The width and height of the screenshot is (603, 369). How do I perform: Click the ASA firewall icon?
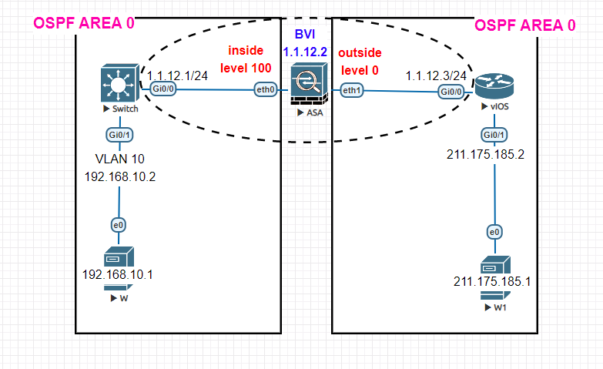coord(307,86)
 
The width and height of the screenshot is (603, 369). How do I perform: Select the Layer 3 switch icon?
coord(119,84)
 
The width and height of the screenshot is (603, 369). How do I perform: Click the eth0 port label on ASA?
coord(266,91)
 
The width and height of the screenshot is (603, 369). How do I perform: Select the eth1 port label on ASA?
coord(351,91)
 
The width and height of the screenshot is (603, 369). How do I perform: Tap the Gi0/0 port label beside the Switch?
coord(162,91)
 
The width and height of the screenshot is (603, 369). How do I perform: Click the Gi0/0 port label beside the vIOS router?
coord(451,91)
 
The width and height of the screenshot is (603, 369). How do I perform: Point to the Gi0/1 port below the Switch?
coord(118,135)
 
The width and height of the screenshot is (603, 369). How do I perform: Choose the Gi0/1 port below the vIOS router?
coord(494,135)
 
